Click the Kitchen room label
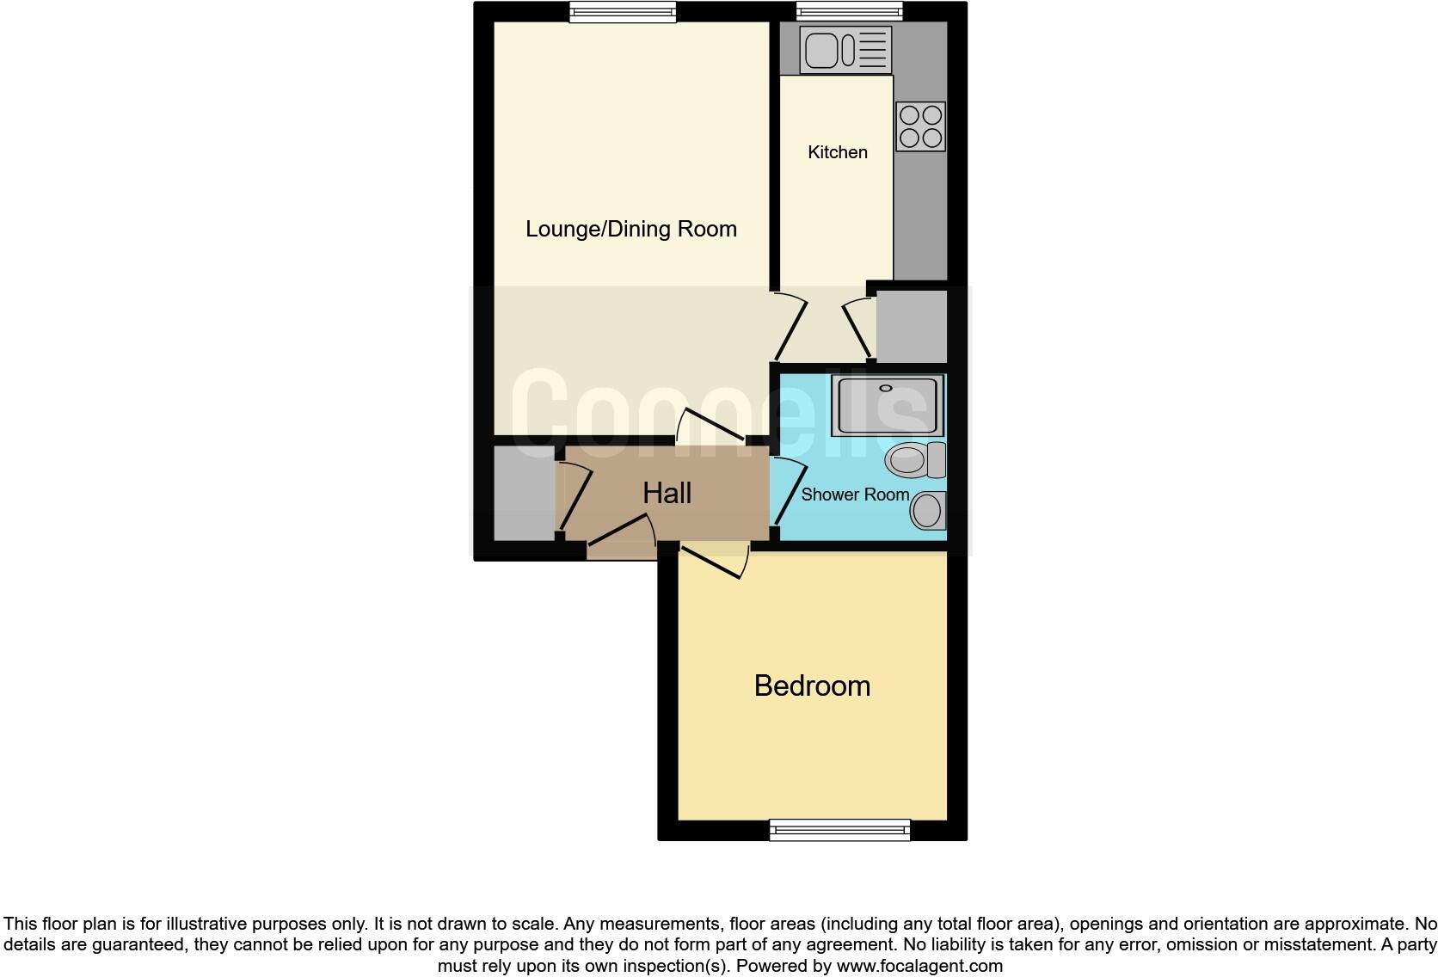(x=837, y=152)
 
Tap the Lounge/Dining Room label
(x=630, y=229)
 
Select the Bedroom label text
(x=812, y=685)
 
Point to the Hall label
(x=667, y=493)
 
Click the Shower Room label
(x=855, y=495)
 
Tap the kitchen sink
(x=845, y=49)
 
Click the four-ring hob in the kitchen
(x=920, y=126)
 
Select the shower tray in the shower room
(x=887, y=405)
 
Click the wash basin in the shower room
(x=928, y=511)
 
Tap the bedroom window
(x=839, y=829)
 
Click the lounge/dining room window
(x=623, y=11)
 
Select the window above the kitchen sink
(x=849, y=11)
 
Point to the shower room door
(x=787, y=492)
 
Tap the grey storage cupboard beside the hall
(x=524, y=493)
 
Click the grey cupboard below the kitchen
(x=911, y=327)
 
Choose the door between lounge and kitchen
(x=790, y=329)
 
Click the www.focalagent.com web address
(x=919, y=966)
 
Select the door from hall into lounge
(x=710, y=424)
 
